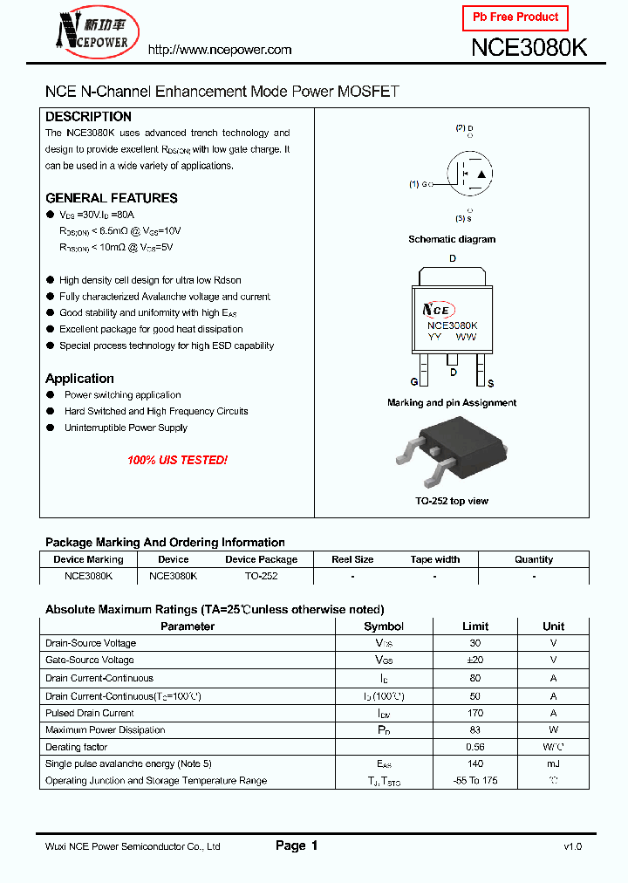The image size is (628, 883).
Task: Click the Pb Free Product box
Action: tap(515, 17)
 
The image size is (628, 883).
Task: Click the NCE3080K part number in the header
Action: tap(529, 48)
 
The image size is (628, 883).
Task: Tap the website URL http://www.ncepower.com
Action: tap(220, 50)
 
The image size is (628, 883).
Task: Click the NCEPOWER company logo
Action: tap(92, 31)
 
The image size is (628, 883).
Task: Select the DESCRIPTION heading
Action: tap(88, 117)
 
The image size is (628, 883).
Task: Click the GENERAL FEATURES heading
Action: tap(111, 198)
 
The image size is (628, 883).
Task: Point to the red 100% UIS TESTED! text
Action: tap(177, 460)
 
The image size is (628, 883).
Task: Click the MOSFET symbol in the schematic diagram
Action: tap(468, 175)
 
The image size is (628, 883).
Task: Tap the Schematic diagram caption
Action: tap(452, 239)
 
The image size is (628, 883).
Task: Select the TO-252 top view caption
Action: tap(452, 501)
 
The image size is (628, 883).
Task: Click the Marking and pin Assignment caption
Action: tap(452, 403)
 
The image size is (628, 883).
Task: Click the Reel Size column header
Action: tap(352, 559)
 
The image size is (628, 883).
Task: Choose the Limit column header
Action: tap(475, 626)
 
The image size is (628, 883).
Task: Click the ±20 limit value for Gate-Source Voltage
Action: tap(475, 661)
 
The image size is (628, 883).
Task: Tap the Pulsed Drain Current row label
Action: tap(90, 713)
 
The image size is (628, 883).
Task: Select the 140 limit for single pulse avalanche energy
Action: tap(475, 763)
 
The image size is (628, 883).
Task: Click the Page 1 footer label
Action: tap(297, 845)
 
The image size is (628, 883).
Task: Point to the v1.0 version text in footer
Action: tap(572, 846)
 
